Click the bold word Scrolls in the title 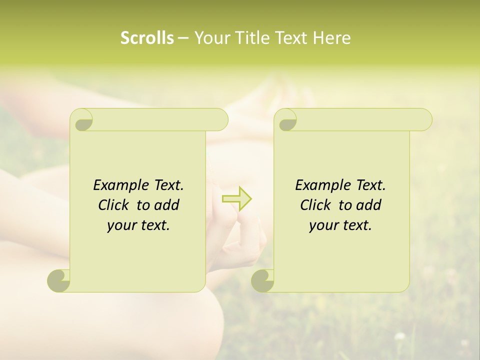click(x=147, y=38)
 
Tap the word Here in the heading click(x=332, y=38)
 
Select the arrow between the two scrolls click(x=236, y=199)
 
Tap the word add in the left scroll click(x=166, y=205)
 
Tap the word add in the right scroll click(x=368, y=205)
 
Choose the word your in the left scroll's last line click(x=121, y=225)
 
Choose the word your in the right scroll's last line click(x=323, y=225)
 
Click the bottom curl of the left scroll click(x=59, y=280)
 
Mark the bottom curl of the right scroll click(x=262, y=280)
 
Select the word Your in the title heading click(x=210, y=38)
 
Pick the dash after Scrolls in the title click(x=183, y=38)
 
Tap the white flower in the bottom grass click(x=399, y=336)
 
